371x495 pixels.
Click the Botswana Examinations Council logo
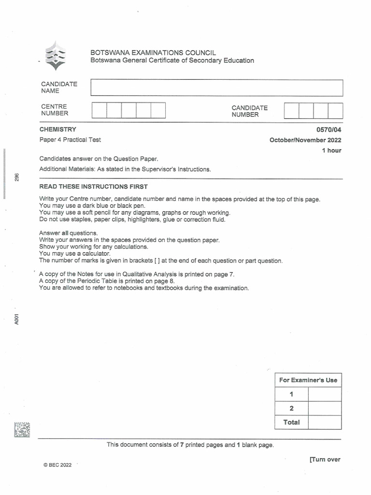click(x=55, y=56)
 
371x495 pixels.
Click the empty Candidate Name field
click(x=216, y=88)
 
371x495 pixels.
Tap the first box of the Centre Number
click(x=99, y=110)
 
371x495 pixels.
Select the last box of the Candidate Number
click(x=335, y=111)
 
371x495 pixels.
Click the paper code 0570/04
click(x=328, y=130)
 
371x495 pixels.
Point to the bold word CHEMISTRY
click(x=57, y=130)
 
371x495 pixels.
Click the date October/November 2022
click(x=305, y=140)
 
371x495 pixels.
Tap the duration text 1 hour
click(x=331, y=150)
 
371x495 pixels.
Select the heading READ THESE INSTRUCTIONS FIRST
click(x=93, y=187)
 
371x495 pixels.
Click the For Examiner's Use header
click(x=308, y=380)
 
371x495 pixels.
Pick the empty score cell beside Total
click(x=324, y=422)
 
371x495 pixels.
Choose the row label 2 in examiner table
click(x=291, y=408)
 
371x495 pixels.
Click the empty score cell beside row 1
click(x=324, y=394)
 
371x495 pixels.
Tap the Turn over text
click(x=325, y=459)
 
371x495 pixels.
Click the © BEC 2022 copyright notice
click(x=57, y=465)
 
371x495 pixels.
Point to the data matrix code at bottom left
click(x=22, y=430)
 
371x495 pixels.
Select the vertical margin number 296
click(x=16, y=177)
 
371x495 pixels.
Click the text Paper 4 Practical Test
click(x=70, y=140)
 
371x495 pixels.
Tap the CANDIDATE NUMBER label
click(x=249, y=111)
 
